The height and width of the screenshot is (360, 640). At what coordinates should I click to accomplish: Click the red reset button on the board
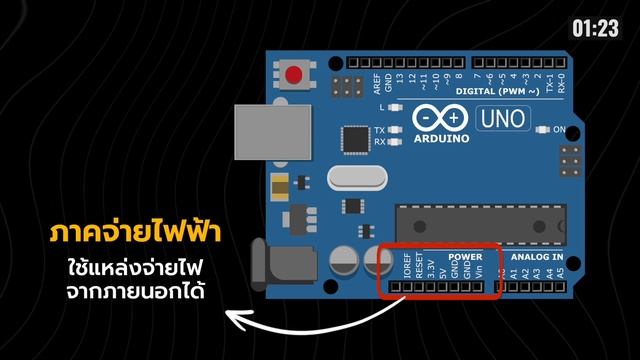tap(295, 75)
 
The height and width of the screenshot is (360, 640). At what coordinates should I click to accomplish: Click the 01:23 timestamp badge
tap(596, 29)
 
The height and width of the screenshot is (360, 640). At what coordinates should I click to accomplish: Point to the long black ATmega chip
tap(481, 221)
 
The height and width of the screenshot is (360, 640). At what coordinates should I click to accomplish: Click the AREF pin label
tap(376, 81)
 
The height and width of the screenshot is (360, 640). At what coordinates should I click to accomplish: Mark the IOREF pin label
tap(407, 268)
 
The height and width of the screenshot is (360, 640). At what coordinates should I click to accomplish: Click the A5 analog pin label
tap(560, 270)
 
